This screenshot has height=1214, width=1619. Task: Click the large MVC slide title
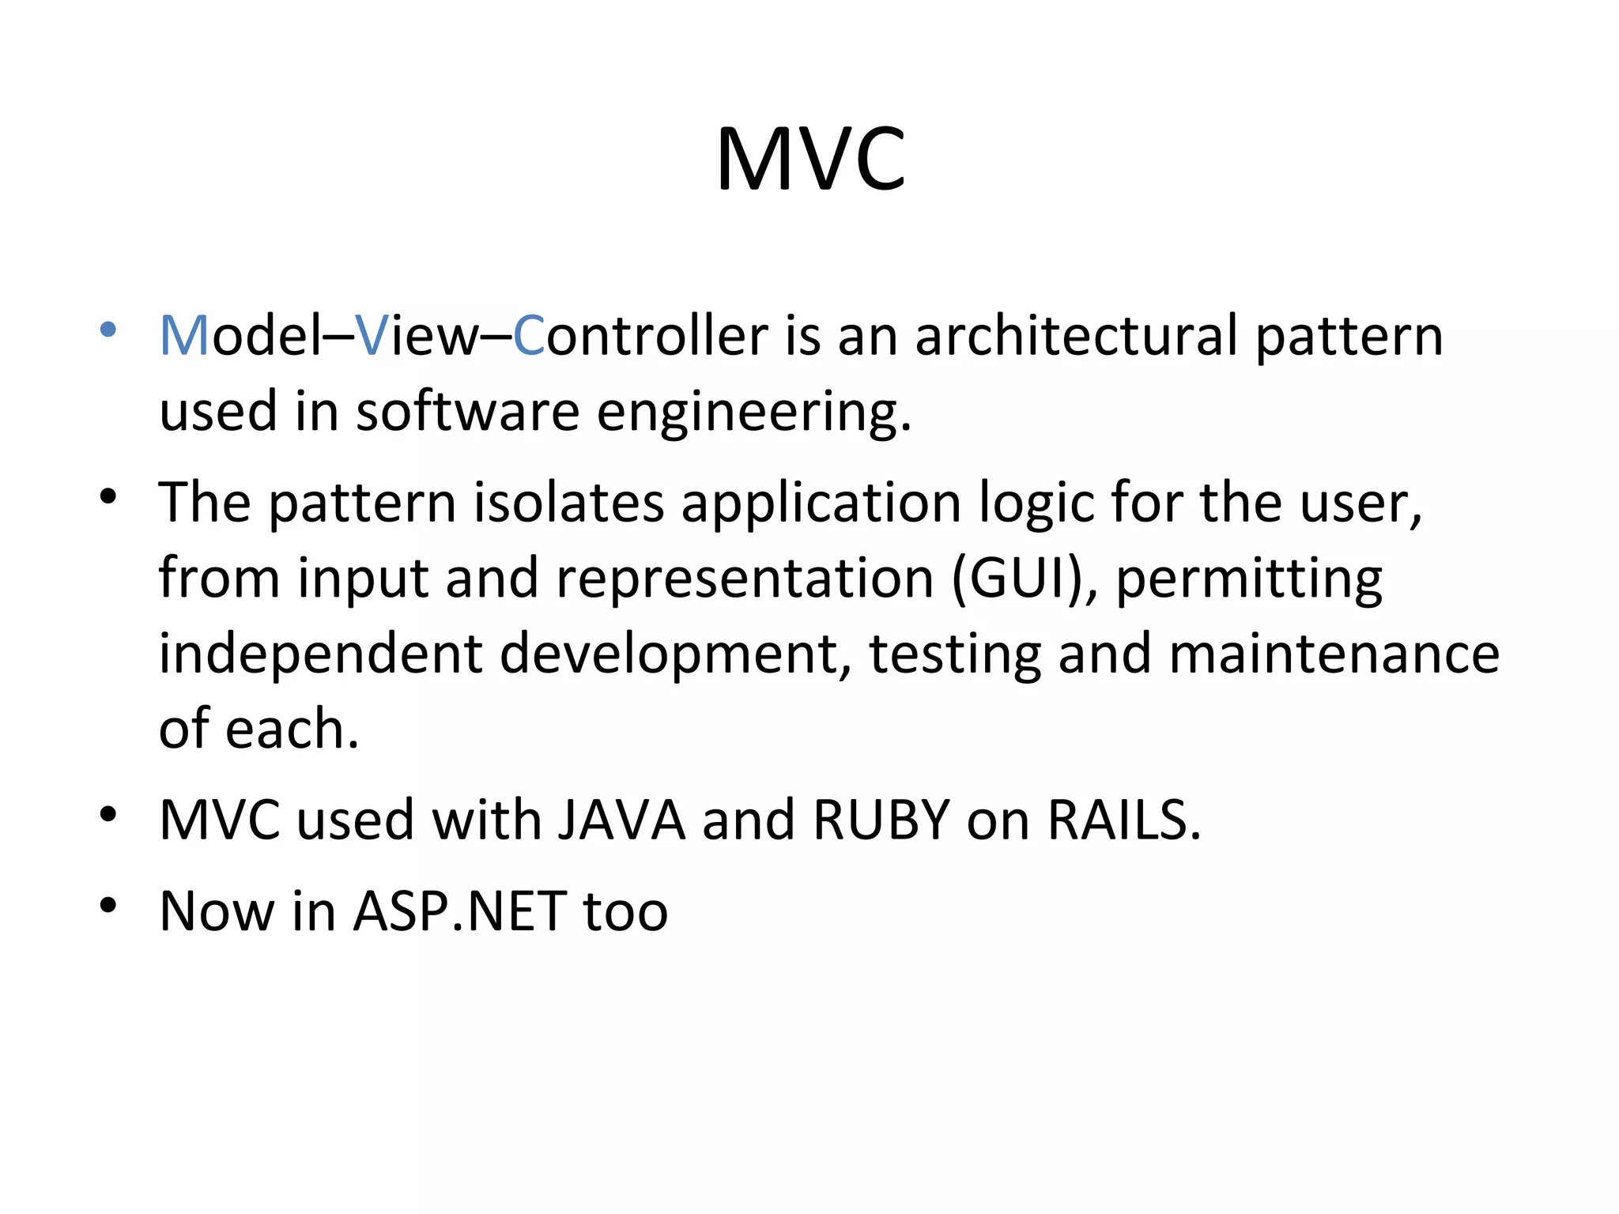click(x=810, y=160)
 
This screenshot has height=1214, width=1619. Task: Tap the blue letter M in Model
click(x=184, y=336)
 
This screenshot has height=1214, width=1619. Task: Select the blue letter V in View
click(x=371, y=336)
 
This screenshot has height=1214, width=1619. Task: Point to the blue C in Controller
click(x=528, y=336)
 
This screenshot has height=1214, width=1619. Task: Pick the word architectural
click(x=1076, y=336)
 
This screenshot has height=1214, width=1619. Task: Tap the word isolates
click(x=568, y=503)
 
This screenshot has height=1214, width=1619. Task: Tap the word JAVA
click(x=621, y=820)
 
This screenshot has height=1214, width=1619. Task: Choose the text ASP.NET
click(x=459, y=912)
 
